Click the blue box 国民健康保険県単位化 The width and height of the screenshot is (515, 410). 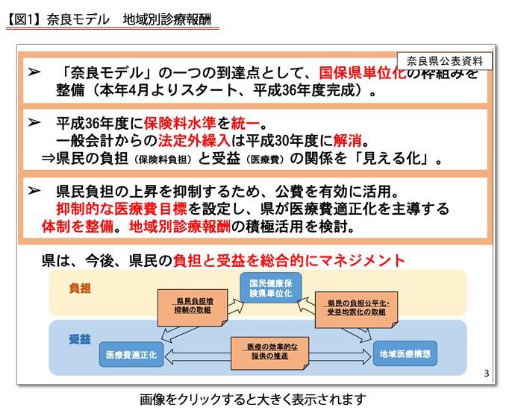[x=270, y=288]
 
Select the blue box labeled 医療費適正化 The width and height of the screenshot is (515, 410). [x=132, y=354]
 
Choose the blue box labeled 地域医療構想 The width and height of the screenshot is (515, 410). [x=404, y=354]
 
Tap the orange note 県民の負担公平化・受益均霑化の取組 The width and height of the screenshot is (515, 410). [x=356, y=307]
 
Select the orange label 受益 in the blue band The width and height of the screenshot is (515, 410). [x=79, y=339]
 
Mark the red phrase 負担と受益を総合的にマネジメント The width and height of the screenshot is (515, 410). [x=289, y=260]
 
